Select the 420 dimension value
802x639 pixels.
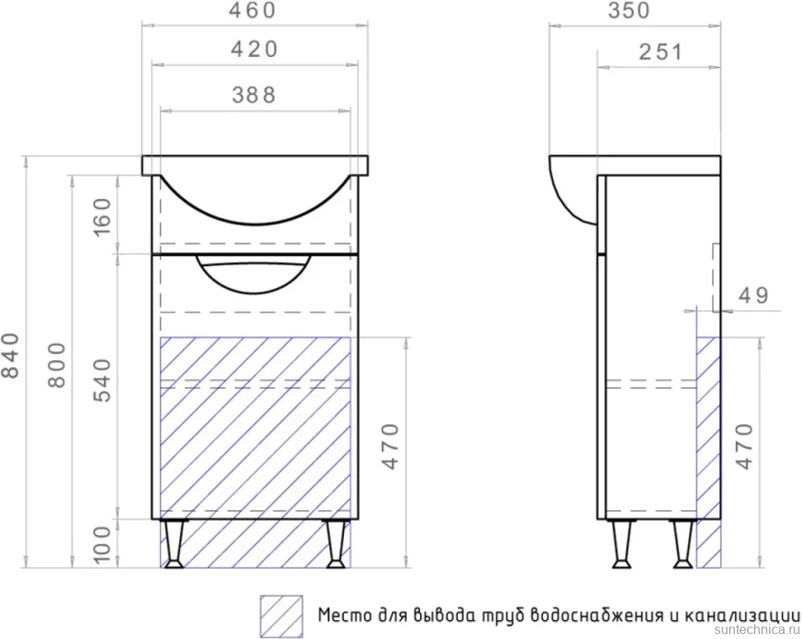(254, 50)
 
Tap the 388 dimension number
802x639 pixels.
(254, 95)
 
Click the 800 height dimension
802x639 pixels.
(57, 365)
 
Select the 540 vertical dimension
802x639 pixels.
(103, 380)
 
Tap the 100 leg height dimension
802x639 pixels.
(103, 545)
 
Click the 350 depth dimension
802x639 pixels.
(629, 10)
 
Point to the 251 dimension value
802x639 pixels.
(661, 52)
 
